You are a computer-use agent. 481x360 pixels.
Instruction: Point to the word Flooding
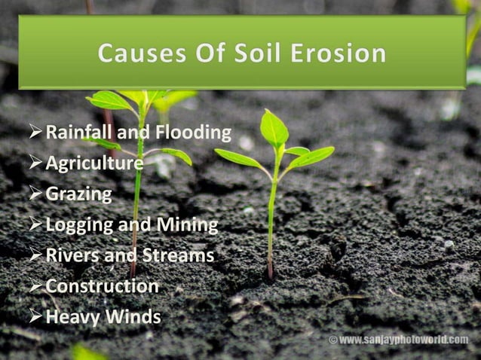point(192,133)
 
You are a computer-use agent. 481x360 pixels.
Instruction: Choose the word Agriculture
point(94,163)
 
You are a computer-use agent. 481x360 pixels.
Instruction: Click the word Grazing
point(78,194)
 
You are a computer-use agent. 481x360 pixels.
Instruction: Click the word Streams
point(176,255)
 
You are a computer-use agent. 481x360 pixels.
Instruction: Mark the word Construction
point(102,286)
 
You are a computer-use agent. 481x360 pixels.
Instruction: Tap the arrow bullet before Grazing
point(35,194)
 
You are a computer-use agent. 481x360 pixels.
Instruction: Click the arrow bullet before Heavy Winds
point(35,316)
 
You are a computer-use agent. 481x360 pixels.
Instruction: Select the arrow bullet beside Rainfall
point(35,133)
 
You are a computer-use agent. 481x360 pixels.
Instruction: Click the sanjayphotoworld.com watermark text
point(403,340)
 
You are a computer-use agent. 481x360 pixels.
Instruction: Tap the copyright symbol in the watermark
point(332,340)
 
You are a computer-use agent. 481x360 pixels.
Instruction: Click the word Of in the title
point(205,54)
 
